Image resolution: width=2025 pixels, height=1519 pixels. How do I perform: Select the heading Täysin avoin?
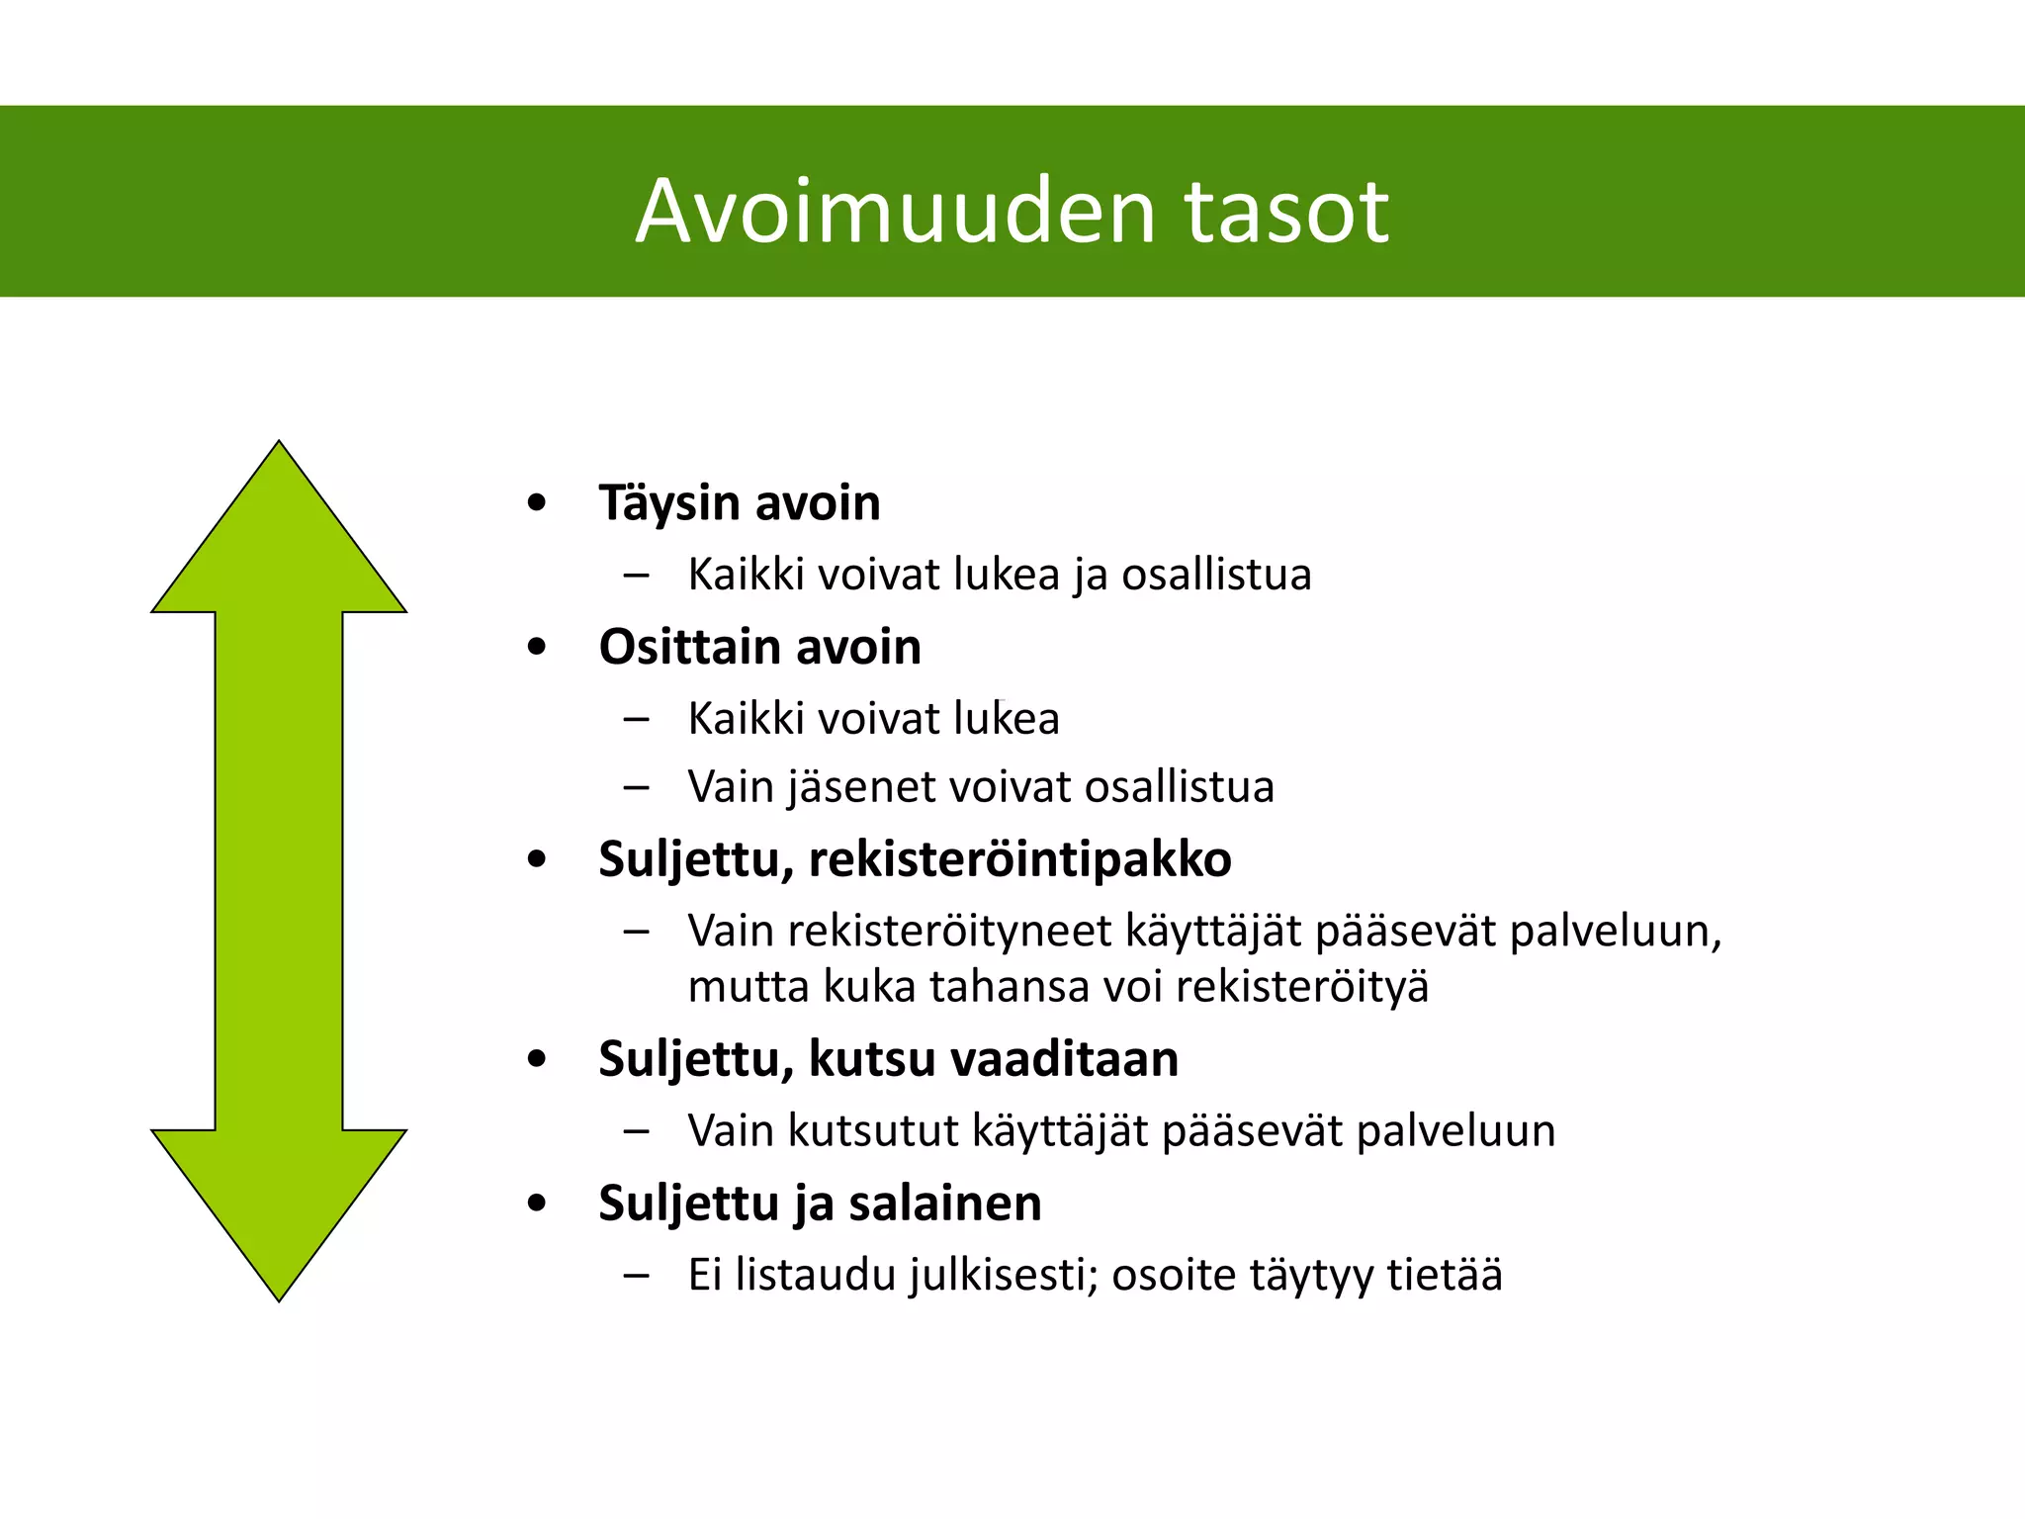click(x=739, y=502)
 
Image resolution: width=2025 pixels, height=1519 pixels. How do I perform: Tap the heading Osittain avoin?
click(x=759, y=647)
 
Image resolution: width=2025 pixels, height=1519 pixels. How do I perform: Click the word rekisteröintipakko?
click(x=1019, y=858)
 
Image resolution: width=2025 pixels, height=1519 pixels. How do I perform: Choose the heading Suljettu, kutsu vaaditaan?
click(x=888, y=1059)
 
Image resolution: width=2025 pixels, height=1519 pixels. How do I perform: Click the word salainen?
click(x=944, y=1204)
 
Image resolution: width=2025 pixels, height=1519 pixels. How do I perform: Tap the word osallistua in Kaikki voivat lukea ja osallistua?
click(x=1216, y=575)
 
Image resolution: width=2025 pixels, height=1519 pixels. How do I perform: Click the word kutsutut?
click(x=873, y=1130)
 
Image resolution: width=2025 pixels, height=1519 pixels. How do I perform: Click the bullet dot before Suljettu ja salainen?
click(x=537, y=1205)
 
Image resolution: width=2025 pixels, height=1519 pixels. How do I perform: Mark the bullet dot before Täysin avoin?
click(x=537, y=503)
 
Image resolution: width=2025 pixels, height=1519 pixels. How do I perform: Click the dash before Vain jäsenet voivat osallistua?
click(x=637, y=788)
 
